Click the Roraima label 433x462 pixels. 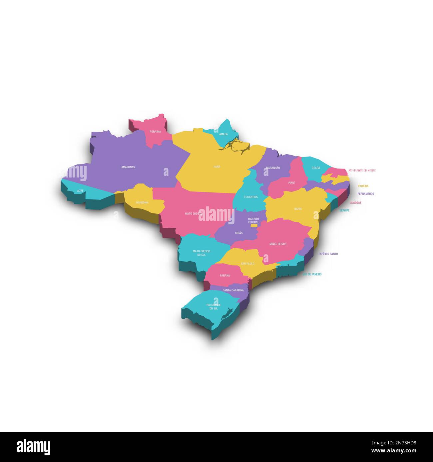[x=155, y=132]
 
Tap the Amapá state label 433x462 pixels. [x=223, y=134]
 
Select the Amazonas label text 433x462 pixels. [x=128, y=167]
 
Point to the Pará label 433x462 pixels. [x=217, y=167]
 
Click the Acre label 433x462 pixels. [x=80, y=191]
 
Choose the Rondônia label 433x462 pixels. [x=142, y=202]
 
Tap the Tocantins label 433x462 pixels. [x=251, y=197]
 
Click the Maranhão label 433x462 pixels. [x=273, y=168]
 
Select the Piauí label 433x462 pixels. [x=291, y=183]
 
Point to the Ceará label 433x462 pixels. [x=316, y=168]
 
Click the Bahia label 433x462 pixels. [x=298, y=209]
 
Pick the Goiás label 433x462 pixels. [x=239, y=233]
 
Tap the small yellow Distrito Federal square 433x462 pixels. [x=254, y=226]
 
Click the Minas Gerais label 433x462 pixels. [x=278, y=244]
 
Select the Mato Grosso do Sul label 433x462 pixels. [x=201, y=253]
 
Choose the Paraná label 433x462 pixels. [x=225, y=276]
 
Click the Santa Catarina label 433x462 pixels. [x=233, y=290]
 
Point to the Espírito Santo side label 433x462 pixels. [x=328, y=254]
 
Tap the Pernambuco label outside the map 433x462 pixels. [x=366, y=194]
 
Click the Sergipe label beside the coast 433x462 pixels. [x=344, y=210]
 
